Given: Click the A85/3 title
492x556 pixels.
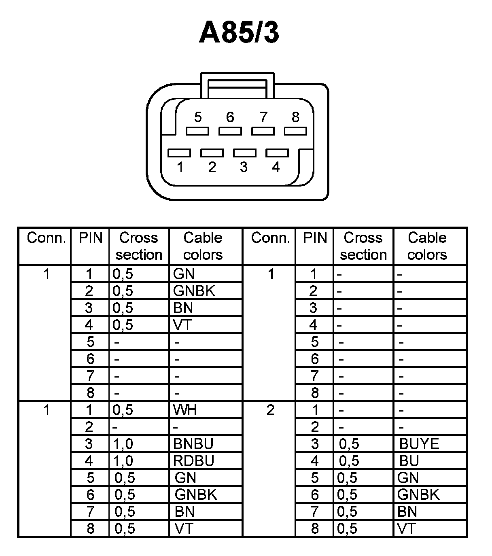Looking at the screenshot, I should [239, 33].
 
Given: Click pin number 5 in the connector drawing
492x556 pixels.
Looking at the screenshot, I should [197, 117].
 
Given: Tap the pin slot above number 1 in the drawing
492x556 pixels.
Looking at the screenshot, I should [179, 153].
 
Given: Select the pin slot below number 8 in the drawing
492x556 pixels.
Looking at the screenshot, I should [295, 131].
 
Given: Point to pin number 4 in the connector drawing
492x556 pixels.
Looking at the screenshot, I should [276, 167].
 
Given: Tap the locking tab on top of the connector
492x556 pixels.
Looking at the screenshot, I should [238, 85].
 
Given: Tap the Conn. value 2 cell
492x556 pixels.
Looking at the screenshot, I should [270, 410].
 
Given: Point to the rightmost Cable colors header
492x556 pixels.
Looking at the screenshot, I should [427, 246].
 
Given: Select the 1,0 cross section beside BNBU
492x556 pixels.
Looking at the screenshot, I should [123, 444].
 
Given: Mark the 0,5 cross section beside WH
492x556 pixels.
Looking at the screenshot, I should [123, 410].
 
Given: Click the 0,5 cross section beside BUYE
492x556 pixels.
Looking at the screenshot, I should [349, 444].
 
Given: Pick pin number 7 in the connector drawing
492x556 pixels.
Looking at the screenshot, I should [263, 117].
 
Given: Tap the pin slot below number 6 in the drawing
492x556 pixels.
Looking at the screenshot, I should [230, 131].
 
